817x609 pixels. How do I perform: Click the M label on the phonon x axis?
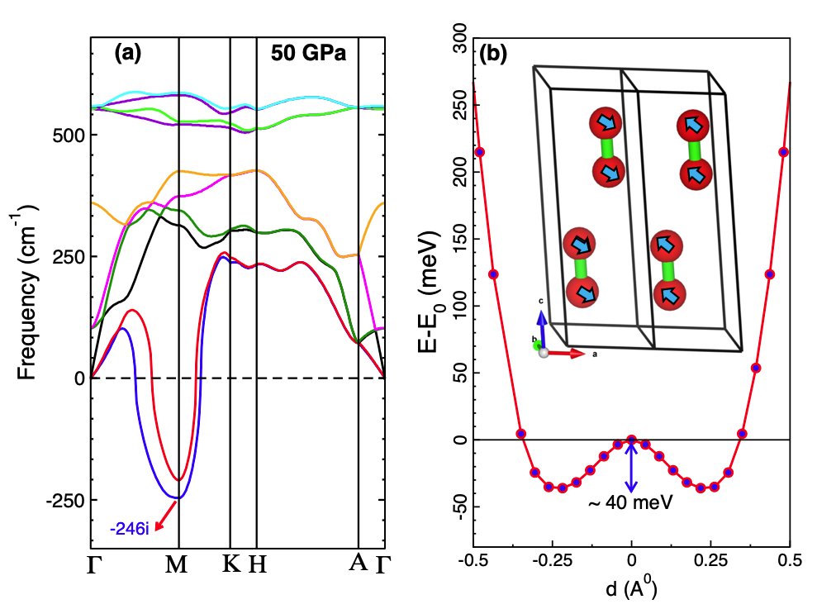tap(178, 565)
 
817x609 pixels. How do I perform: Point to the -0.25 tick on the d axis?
tap(553, 563)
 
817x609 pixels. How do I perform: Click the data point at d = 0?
tap(632, 440)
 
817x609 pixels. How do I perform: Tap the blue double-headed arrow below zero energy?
tap(632, 468)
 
